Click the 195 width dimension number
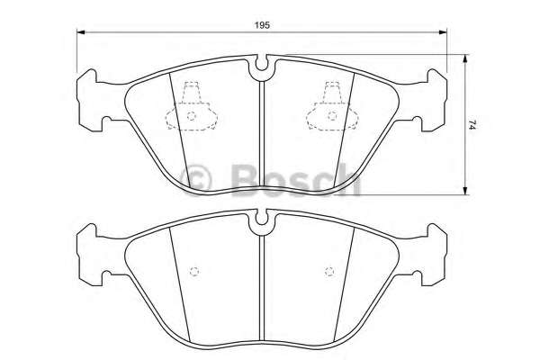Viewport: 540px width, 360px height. click(262, 25)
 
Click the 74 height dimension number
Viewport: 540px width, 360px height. click(472, 124)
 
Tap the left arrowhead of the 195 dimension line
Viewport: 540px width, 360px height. click(81, 32)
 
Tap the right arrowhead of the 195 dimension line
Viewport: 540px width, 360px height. click(443, 32)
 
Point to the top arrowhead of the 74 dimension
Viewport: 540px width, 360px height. click(465, 58)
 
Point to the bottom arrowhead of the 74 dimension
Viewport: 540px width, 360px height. click(465, 191)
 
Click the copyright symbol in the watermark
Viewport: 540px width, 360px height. click(196, 179)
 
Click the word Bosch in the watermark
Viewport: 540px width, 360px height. click(296, 179)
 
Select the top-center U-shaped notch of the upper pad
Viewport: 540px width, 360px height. click(262, 65)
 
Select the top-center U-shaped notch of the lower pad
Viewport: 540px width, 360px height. click(262, 219)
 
